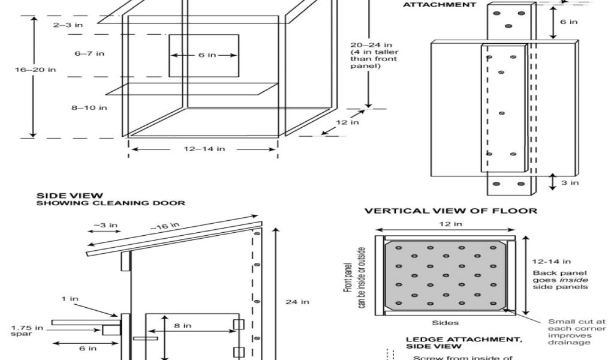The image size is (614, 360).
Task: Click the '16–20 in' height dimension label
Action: (x=35, y=70)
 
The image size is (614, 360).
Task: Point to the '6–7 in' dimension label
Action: (x=89, y=54)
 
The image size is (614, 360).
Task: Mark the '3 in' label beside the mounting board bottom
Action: (x=570, y=182)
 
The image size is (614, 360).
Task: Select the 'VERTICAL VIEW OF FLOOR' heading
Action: (x=451, y=211)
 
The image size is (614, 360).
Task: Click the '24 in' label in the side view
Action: (x=297, y=302)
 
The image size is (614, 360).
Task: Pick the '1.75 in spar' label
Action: (x=28, y=330)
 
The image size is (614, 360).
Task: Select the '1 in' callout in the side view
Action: (x=70, y=298)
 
